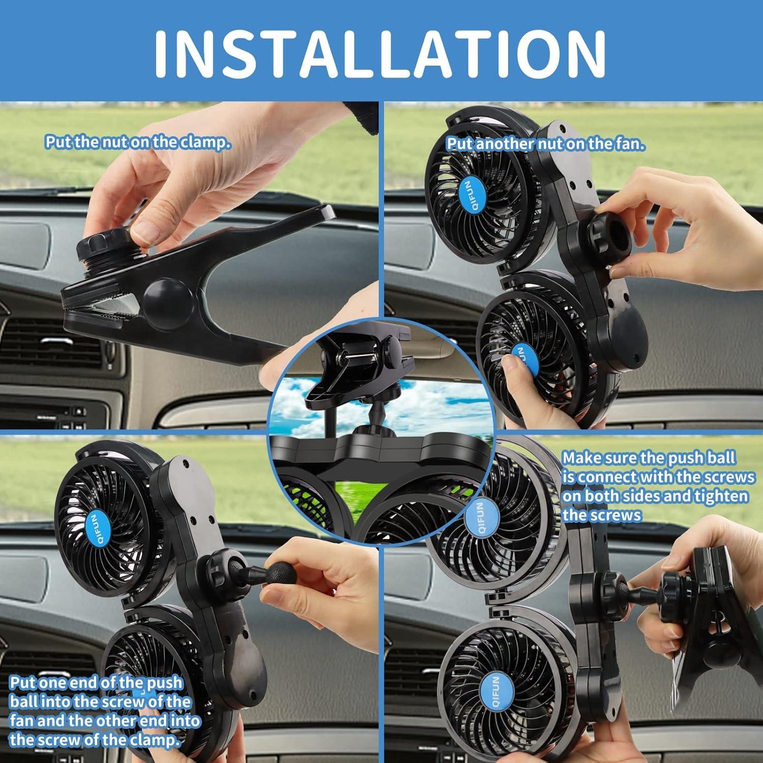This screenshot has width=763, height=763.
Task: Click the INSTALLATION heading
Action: point(380,52)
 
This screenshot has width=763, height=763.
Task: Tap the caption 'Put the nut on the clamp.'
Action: point(137,142)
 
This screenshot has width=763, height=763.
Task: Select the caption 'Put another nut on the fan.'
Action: point(545,144)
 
